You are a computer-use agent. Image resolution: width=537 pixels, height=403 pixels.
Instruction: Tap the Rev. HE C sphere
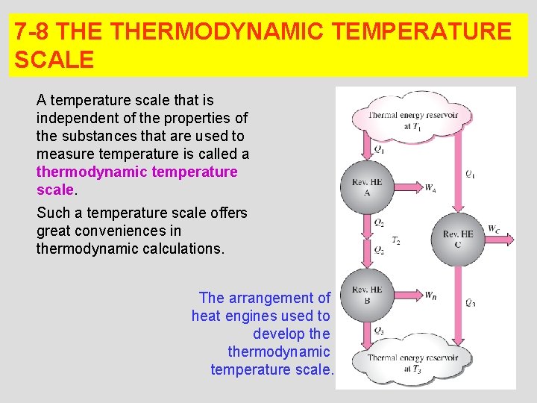(457, 239)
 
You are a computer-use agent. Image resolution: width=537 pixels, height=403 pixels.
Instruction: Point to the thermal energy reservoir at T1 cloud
(412, 119)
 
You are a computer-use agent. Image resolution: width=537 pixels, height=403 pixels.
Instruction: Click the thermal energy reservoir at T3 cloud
(412, 362)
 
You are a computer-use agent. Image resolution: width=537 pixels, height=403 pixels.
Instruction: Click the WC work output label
(494, 228)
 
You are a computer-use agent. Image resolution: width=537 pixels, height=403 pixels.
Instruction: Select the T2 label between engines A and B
(397, 241)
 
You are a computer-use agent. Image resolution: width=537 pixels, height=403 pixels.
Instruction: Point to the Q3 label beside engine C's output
(470, 302)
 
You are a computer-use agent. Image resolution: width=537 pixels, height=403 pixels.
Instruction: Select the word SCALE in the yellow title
(54, 60)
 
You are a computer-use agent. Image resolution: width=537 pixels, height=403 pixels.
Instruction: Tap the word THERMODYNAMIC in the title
(219, 31)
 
